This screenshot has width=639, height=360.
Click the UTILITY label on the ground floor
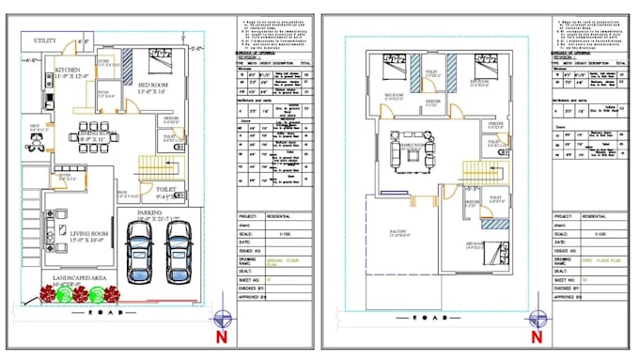(x=48, y=41)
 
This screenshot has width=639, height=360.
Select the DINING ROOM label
(x=98, y=135)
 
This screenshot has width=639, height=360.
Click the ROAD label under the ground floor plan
(x=108, y=312)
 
